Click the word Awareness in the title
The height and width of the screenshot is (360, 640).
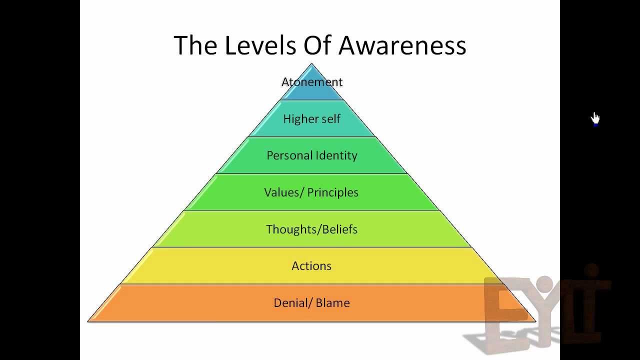tap(402, 45)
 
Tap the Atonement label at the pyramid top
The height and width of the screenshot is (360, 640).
tap(312, 82)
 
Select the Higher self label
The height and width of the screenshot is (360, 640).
tap(312, 119)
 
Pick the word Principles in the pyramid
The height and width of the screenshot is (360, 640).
tap(333, 193)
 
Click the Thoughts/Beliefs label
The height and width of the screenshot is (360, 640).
tap(312, 229)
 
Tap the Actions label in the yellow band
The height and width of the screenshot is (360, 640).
tap(311, 266)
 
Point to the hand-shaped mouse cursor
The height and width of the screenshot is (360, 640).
tap(595, 119)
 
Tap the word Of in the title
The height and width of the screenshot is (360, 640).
tap(318, 45)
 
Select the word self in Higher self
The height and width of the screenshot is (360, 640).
tap(329, 119)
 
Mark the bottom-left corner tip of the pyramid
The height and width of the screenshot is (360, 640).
tap(88, 321)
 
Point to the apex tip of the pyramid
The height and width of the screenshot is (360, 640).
tap(312, 64)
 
